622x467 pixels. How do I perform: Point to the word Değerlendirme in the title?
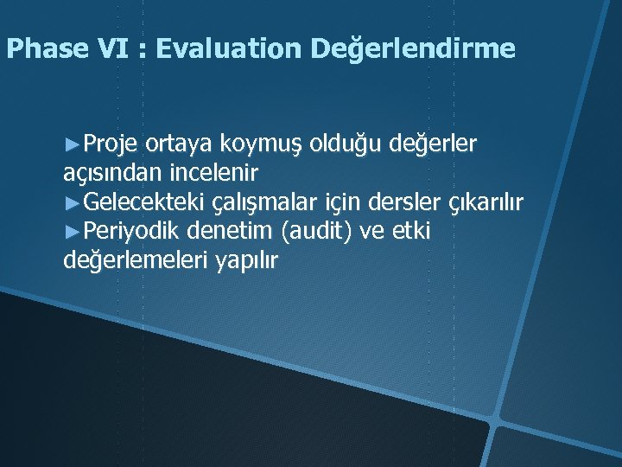pyautogui.click(x=413, y=49)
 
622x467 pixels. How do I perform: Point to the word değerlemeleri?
pyautogui.click(x=131, y=260)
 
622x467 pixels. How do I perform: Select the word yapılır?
pyautogui.click(x=242, y=260)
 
